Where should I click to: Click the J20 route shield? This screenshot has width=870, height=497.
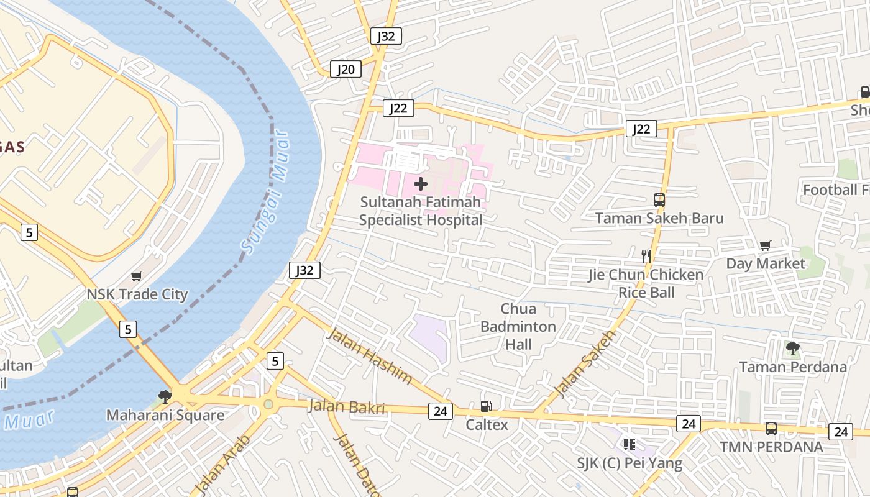point(346,69)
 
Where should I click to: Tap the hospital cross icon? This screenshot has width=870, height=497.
point(421,183)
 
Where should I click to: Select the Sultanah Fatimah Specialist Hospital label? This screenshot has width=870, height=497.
point(421,211)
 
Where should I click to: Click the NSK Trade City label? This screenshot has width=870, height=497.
point(137,294)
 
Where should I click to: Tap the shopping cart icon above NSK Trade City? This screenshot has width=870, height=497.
point(137,276)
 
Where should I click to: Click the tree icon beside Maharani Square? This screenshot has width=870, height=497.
point(165,396)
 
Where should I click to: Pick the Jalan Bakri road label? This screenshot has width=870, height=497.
point(347,408)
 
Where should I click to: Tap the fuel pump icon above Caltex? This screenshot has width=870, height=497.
point(486,406)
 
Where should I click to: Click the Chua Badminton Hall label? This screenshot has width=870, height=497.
point(518,326)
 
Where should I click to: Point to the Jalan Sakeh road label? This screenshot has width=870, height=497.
point(584,364)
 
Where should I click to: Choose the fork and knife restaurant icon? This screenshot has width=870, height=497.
point(646,255)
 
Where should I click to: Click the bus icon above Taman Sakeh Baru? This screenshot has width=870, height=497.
point(659,200)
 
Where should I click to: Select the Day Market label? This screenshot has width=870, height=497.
point(766,263)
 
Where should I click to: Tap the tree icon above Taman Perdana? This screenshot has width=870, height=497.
point(792,348)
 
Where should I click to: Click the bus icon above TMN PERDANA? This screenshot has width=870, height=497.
point(771,428)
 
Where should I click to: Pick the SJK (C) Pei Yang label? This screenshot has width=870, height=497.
point(630,463)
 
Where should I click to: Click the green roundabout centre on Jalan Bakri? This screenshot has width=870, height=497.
point(268,404)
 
